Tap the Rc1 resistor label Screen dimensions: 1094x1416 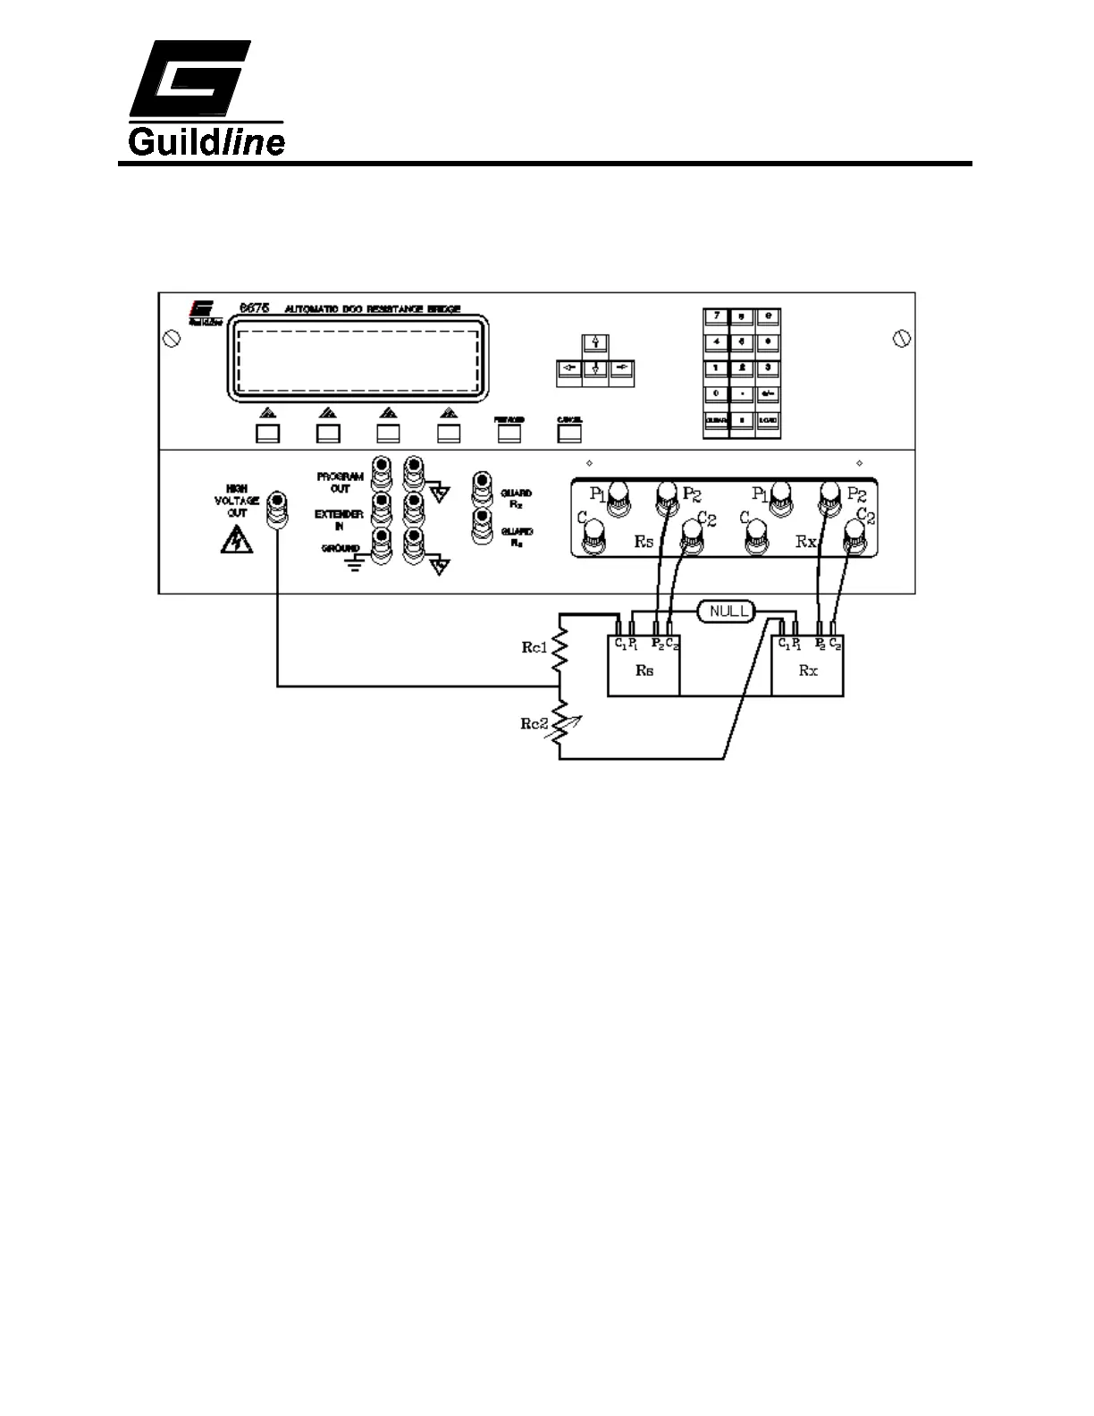[534, 648]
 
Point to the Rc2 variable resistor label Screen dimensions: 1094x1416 [534, 723]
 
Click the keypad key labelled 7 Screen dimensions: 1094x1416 [716, 316]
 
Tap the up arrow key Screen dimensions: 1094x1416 [594, 343]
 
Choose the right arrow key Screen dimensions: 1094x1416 [622, 368]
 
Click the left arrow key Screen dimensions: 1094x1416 [568, 368]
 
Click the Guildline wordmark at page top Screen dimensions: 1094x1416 [206, 141]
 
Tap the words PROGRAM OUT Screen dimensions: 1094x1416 [340, 483]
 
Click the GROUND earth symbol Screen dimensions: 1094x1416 [356, 563]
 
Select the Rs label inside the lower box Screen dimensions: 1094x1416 [644, 670]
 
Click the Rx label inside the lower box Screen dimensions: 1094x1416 [807, 670]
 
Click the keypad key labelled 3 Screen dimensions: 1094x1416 [767, 367]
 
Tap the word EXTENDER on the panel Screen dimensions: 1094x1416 [339, 515]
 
